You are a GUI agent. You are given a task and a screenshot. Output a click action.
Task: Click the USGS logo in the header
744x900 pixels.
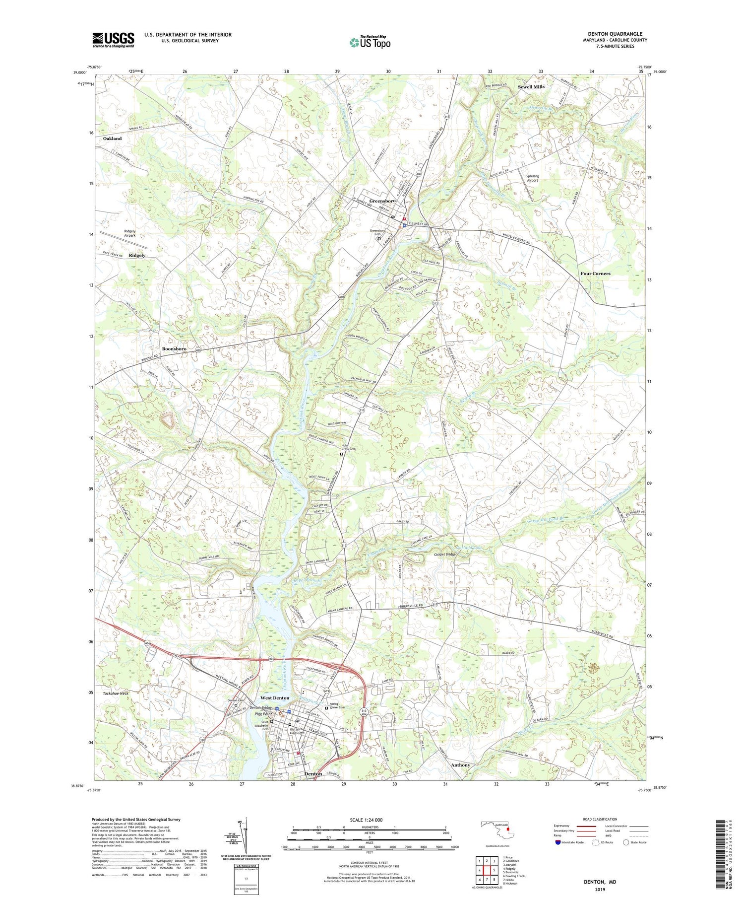coord(113,40)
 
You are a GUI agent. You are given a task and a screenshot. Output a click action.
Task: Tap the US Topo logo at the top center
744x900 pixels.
coord(370,43)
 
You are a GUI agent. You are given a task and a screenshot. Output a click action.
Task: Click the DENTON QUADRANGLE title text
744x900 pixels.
coord(615,34)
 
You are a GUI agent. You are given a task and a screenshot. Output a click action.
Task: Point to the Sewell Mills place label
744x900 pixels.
coord(531,87)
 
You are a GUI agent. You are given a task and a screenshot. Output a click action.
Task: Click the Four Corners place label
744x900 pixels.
coord(595,274)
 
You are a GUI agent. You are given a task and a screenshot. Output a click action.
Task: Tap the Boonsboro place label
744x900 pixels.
coord(174,349)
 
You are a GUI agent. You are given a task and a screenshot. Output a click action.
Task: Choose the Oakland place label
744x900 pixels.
coord(112,138)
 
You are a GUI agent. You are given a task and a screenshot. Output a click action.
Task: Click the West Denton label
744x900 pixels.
coord(275,698)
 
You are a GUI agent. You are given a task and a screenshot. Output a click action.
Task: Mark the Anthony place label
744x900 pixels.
coord(460,765)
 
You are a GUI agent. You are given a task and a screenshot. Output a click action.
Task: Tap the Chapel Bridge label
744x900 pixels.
coord(444,554)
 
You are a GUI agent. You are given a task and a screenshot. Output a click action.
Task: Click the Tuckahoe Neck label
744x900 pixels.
coord(116,693)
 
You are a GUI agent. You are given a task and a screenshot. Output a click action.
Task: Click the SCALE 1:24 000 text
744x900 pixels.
coord(366,820)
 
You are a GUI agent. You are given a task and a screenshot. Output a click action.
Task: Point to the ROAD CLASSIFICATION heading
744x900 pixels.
coord(600,819)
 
